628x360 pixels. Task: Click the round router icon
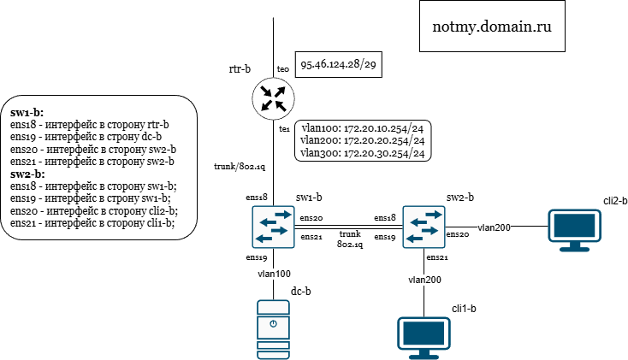point(273,98)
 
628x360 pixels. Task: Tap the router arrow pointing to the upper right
point(280,91)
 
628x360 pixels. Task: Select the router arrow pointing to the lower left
point(266,106)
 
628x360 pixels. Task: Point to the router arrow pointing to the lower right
point(281,106)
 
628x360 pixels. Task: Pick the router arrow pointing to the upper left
point(266,91)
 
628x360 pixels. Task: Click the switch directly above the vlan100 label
point(273,227)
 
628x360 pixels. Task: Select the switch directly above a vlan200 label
point(424,227)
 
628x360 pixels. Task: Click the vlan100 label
point(274,274)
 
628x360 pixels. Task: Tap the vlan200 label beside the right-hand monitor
point(494,227)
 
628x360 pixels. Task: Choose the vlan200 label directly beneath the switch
point(424,280)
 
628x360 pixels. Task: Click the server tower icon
point(273,329)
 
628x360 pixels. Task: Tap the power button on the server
point(273,324)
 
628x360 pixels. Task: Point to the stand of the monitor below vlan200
point(424,355)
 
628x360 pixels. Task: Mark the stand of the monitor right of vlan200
point(574,248)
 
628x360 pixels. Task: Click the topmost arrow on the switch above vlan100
point(281,215)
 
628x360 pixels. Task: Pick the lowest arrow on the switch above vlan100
point(264,239)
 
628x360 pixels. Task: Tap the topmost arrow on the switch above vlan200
point(432,215)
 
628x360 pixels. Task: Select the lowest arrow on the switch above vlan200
point(416,239)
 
